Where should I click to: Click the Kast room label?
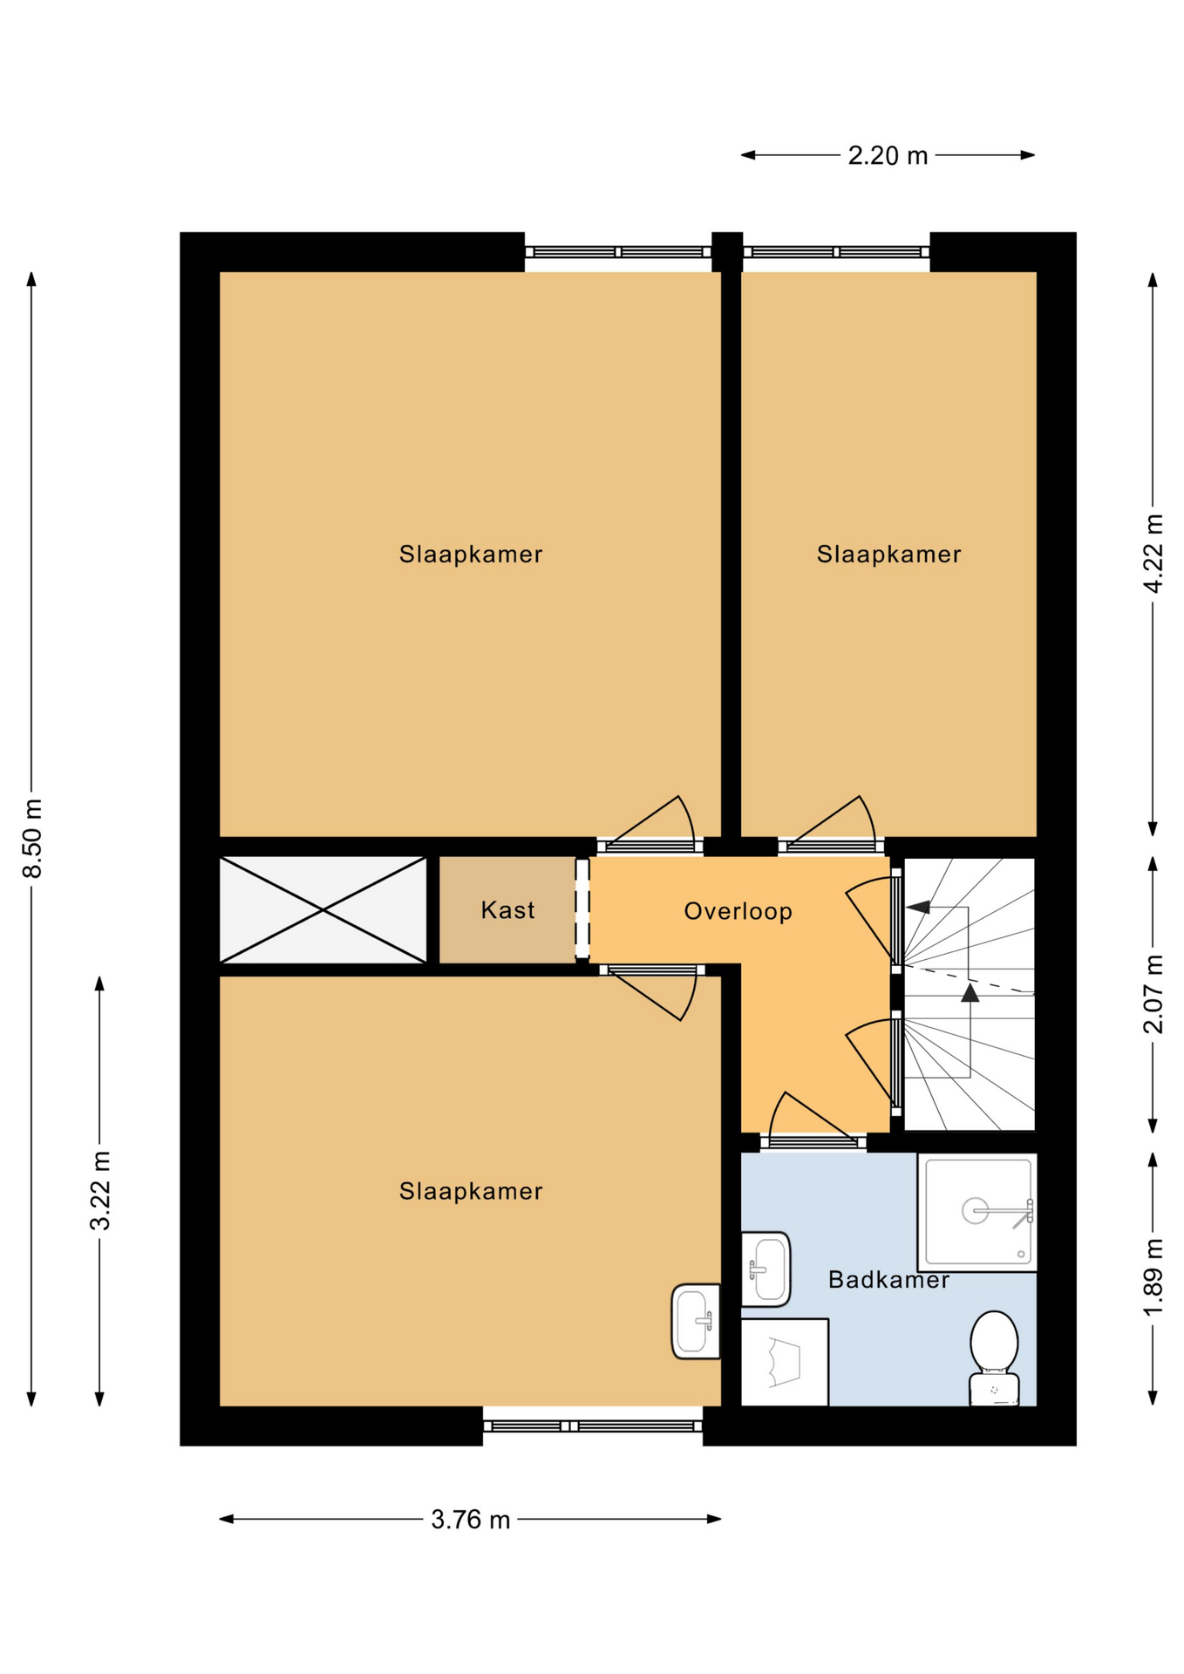(507, 910)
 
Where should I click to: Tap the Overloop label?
(738, 912)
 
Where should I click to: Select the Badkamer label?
(888, 1280)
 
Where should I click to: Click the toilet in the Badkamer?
(994, 1358)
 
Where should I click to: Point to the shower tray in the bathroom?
(977, 1212)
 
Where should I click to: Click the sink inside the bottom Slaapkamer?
(696, 1321)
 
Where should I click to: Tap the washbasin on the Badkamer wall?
(766, 1269)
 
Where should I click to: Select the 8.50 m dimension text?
(32, 839)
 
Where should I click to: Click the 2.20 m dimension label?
(888, 156)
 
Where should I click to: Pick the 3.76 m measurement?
(470, 1520)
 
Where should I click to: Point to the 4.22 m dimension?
(1153, 554)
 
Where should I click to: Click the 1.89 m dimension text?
(1153, 1278)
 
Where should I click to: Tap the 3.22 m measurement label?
(100, 1190)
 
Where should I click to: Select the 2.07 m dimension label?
(1153, 994)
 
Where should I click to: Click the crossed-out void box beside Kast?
(323, 910)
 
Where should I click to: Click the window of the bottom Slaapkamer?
(593, 1426)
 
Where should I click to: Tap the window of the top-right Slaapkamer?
(836, 252)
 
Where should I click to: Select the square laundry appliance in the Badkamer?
(785, 1362)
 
